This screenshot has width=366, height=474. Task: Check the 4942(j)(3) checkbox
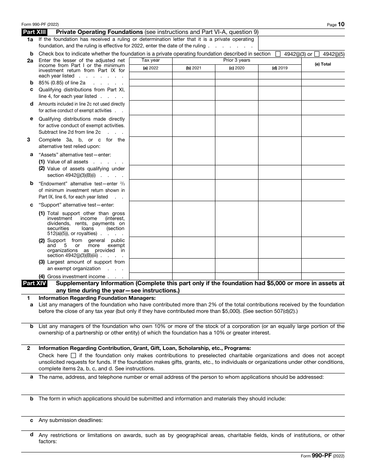[x=278, y=54]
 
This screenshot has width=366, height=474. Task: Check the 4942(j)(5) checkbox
[x=317, y=54]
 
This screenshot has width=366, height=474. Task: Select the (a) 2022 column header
[x=151, y=68]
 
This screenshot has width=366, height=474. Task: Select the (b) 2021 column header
[x=193, y=68]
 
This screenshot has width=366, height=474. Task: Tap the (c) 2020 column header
[x=237, y=68]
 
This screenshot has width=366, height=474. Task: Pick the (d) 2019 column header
[x=280, y=68]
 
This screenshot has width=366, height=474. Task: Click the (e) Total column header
[x=323, y=64]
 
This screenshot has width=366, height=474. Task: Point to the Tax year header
[x=151, y=61]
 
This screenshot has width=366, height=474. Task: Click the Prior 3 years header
[x=237, y=61]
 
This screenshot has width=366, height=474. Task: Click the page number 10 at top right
[x=341, y=24]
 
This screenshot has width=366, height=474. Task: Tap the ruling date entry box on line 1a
[x=301, y=43]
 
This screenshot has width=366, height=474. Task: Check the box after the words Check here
[x=74, y=356]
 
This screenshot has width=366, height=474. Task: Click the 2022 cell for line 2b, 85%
[x=151, y=82]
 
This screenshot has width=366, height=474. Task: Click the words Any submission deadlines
[x=71, y=420]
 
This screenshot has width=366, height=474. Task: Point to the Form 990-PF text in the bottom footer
[x=322, y=456]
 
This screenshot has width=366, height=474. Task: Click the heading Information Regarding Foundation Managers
[x=97, y=298]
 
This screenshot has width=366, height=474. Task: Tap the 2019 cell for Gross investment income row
[x=280, y=276]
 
